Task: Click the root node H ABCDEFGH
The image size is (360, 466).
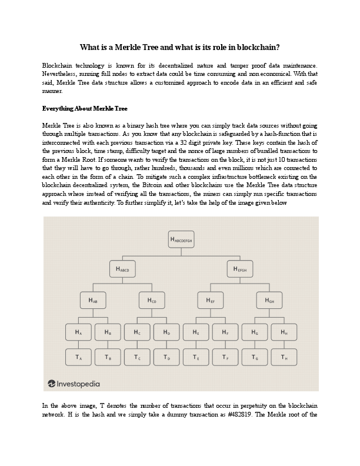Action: pyautogui.click(x=181, y=239)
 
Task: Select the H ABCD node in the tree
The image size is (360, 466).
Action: pyautogui.click(x=122, y=269)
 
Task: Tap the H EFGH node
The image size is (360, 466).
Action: pyautogui.click(x=240, y=269)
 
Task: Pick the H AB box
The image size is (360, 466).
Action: pyautogui.click(x=93, y=301)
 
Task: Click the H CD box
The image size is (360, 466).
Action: pyautogui.click(x=152, y=301)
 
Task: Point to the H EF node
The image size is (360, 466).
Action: pyautogui.click(x=211, y=301)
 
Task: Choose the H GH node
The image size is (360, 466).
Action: pyautogui.click(x=269, y=301)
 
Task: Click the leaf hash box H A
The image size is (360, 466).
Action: pyautogui.click(x=78, y=332)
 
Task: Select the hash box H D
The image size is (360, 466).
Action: pyautogui.click(x=166, y=332)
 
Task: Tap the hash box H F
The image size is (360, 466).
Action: pyautogui.click(x=225, y=332)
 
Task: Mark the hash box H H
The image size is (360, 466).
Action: pyautogui.click(x=284, y=332)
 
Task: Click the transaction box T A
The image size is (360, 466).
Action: pyautogui.click(x=78, y=357)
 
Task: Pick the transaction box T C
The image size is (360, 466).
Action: pyautogui.click(x=137, y=357)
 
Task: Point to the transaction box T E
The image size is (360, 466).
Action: pyautogui.click(x=196, y=357)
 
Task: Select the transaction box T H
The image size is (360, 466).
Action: pyautogui.click(x=284, y=357)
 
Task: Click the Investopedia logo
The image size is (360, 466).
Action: pyautogui.click(x=74, y=384)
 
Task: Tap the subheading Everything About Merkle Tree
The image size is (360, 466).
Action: pyautogui.click(x=85, y=109)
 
